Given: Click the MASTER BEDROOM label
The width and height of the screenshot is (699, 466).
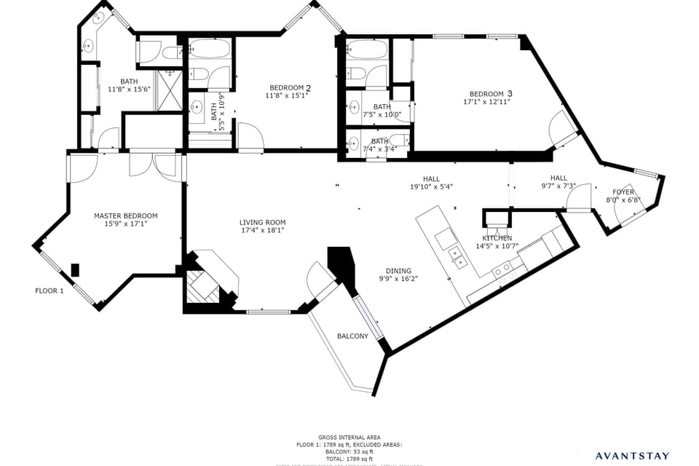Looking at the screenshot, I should coord(125,216).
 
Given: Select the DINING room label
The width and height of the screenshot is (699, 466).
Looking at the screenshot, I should coord(398,269).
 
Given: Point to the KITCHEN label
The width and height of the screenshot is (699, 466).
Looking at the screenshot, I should coord(497,238).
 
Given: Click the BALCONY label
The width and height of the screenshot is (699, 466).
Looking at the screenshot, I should coord(352,336).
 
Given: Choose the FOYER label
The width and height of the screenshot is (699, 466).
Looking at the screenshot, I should coord(623,192).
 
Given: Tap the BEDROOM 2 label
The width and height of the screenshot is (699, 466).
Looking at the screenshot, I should coord(291,88).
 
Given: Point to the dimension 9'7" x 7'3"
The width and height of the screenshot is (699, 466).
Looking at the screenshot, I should coord(558,186).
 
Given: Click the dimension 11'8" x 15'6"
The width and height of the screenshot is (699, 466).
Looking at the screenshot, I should coord(129,90).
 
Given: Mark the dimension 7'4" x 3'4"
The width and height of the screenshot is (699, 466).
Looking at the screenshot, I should coord(379,149).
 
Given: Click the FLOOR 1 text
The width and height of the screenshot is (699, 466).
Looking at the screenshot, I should coord(50,291).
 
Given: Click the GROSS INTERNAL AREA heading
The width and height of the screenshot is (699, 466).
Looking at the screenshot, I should coord(349,438).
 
